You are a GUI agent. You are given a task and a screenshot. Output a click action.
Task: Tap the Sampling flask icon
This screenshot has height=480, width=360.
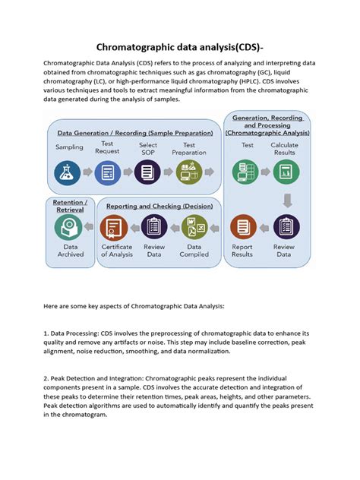(x=68, y=172)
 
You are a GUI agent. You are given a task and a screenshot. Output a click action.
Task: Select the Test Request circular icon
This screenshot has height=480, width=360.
(x=108, y=172)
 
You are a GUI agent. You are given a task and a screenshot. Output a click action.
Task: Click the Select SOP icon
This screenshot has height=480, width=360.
(x=148, y=172)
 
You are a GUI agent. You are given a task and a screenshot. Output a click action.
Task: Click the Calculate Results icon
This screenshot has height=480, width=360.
(x=285, y=172)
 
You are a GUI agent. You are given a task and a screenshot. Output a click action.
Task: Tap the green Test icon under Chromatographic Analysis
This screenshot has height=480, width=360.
(x=247, y=172)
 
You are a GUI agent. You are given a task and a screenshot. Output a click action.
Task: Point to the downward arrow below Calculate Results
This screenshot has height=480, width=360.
(x=286, y=200)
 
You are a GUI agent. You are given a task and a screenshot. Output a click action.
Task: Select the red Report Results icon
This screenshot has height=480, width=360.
(x=243, y=226)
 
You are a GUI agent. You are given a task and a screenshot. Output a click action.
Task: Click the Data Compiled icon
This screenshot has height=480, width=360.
(x=194, y=226)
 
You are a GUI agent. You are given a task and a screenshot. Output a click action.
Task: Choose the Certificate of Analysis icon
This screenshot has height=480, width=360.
(x=116, y=226)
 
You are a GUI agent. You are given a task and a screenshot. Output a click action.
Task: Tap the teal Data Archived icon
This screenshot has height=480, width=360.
(x=69, y=226)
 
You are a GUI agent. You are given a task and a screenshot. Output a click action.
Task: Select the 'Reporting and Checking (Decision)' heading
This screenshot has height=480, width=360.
(x=158, y=206)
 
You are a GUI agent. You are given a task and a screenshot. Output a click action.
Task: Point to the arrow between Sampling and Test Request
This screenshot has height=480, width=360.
(x=88, y=173)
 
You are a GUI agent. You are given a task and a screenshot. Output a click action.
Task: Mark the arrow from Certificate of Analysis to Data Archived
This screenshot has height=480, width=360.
(x=93, y=226)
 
